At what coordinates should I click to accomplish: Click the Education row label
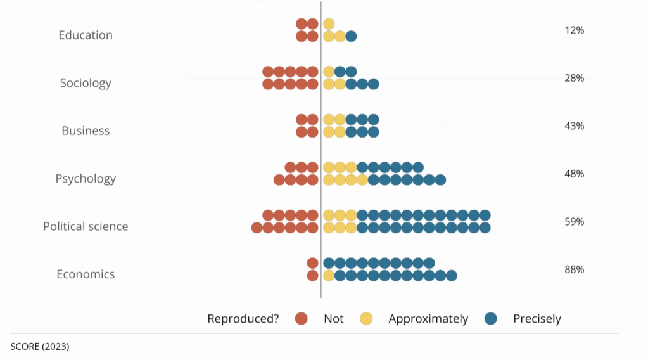point(86,35)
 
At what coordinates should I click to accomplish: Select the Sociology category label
point(86,83)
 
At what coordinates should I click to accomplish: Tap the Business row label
point(86,131)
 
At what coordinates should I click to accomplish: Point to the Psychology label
point(86,179)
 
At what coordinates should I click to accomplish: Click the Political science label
point(86,226)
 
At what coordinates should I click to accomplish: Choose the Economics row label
point(86,274)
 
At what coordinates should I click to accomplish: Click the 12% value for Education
point(574,30)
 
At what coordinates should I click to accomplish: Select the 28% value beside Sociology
point(574,78)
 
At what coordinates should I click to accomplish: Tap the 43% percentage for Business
point(574,125)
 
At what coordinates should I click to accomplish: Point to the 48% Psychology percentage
point(574,174)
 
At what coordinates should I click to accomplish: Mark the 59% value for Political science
point(574,222)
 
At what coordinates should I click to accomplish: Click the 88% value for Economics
point(574,269)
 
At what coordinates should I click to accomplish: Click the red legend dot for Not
point(301,318)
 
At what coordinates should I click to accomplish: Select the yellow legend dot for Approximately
point(366,318)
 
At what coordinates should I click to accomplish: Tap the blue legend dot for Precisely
point(490,318)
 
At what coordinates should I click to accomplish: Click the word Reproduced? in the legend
point(243,319)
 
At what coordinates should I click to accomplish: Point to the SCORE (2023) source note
point(40,347)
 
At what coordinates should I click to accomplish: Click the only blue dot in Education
point(351,36)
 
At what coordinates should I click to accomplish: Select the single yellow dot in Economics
point(329,275)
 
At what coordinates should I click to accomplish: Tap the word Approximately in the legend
point(428,319)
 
